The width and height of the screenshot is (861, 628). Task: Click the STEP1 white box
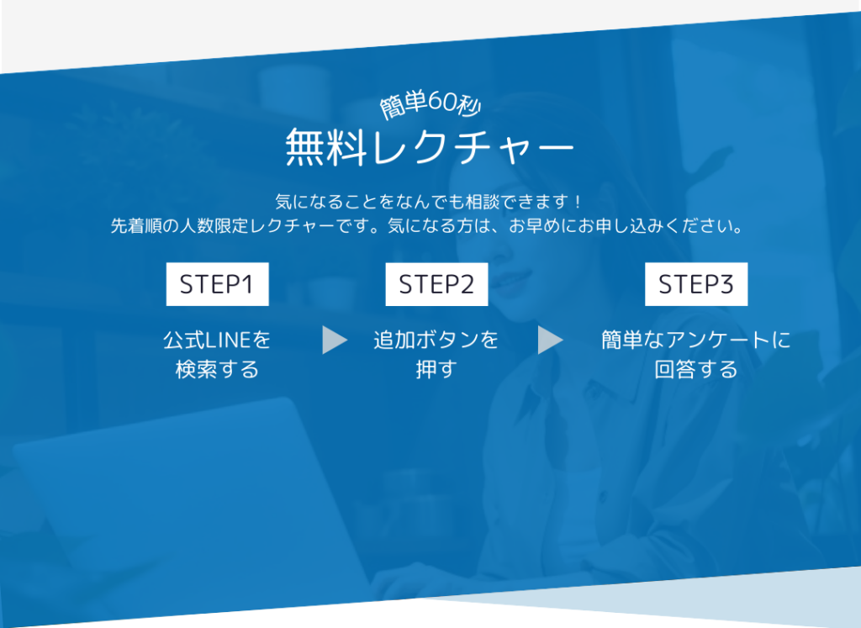click(x=218, y=284)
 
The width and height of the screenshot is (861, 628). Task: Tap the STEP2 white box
click(x=436, y=284)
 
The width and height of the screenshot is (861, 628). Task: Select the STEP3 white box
click(x=696, y=284)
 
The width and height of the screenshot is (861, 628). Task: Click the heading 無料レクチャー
click(x=430, y=146)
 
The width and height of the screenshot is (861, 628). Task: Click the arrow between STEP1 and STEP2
click(x=335, y=340)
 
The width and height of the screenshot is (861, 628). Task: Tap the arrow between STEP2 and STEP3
click(x=551, y=340)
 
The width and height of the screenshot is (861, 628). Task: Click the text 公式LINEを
click(x=217, y=340)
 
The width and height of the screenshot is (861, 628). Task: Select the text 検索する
click(x=217, y=369)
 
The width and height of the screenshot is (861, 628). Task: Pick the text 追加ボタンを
click(x=436, y=340)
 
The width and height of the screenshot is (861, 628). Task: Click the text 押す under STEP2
click(x=436, y=369)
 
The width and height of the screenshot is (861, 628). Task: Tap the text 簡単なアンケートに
click(x=695, y=340)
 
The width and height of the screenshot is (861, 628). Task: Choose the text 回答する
click(x=695, y=369)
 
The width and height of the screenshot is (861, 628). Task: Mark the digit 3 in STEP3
click(x=726, y=284)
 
